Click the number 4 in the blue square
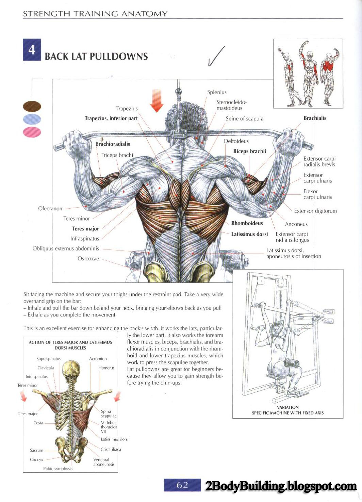click(x=32, y=50)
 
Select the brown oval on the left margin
click(x=32, y=106)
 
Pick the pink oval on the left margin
click(x=32, y=132)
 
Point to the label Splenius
click(x=217, y=92)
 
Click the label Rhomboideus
click(x=247, y=223)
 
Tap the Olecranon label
click(x=50, y=208)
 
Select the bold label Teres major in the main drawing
click(x=85, y=229)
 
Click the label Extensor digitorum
click(x=315, y=211)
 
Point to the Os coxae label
click(x=88, y=258)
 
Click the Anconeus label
click(x=296, y=224)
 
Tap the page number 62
click(x=182, y=485)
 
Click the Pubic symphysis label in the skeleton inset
click(x=58, y=469)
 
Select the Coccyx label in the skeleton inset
click(x=36, y=459)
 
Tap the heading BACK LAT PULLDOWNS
click(x=96, y=56)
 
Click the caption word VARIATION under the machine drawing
click(x=288, y=407)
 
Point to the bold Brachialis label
click(x=315, y=118)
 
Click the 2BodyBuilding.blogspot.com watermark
click(x=281, y=486)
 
